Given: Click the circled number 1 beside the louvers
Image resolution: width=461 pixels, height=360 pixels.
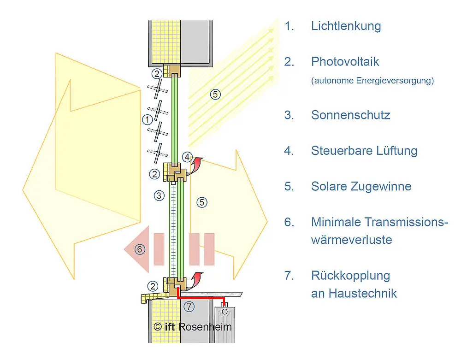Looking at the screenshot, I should coord(147,120).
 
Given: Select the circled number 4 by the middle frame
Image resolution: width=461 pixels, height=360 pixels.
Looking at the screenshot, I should coord(187,157).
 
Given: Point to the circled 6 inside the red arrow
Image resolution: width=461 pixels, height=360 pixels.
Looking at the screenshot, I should coord(140,249).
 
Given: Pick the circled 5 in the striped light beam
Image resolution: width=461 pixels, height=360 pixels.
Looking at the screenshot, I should coord(215,94).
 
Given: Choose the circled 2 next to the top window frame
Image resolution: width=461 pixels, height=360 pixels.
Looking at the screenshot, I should coord(157,73).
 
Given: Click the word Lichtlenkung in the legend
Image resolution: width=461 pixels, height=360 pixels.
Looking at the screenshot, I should coord(346,26).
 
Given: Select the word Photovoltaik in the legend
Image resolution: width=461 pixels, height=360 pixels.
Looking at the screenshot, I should coord(345,61).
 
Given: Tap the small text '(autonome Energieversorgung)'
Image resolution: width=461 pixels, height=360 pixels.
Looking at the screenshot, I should coord(372,81).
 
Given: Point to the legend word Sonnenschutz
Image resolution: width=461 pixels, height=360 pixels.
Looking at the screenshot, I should coord(350,115).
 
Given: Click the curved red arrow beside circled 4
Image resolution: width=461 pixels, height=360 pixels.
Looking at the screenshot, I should coord(198,163).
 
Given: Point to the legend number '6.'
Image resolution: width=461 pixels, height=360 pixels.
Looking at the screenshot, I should coord(289,222).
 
